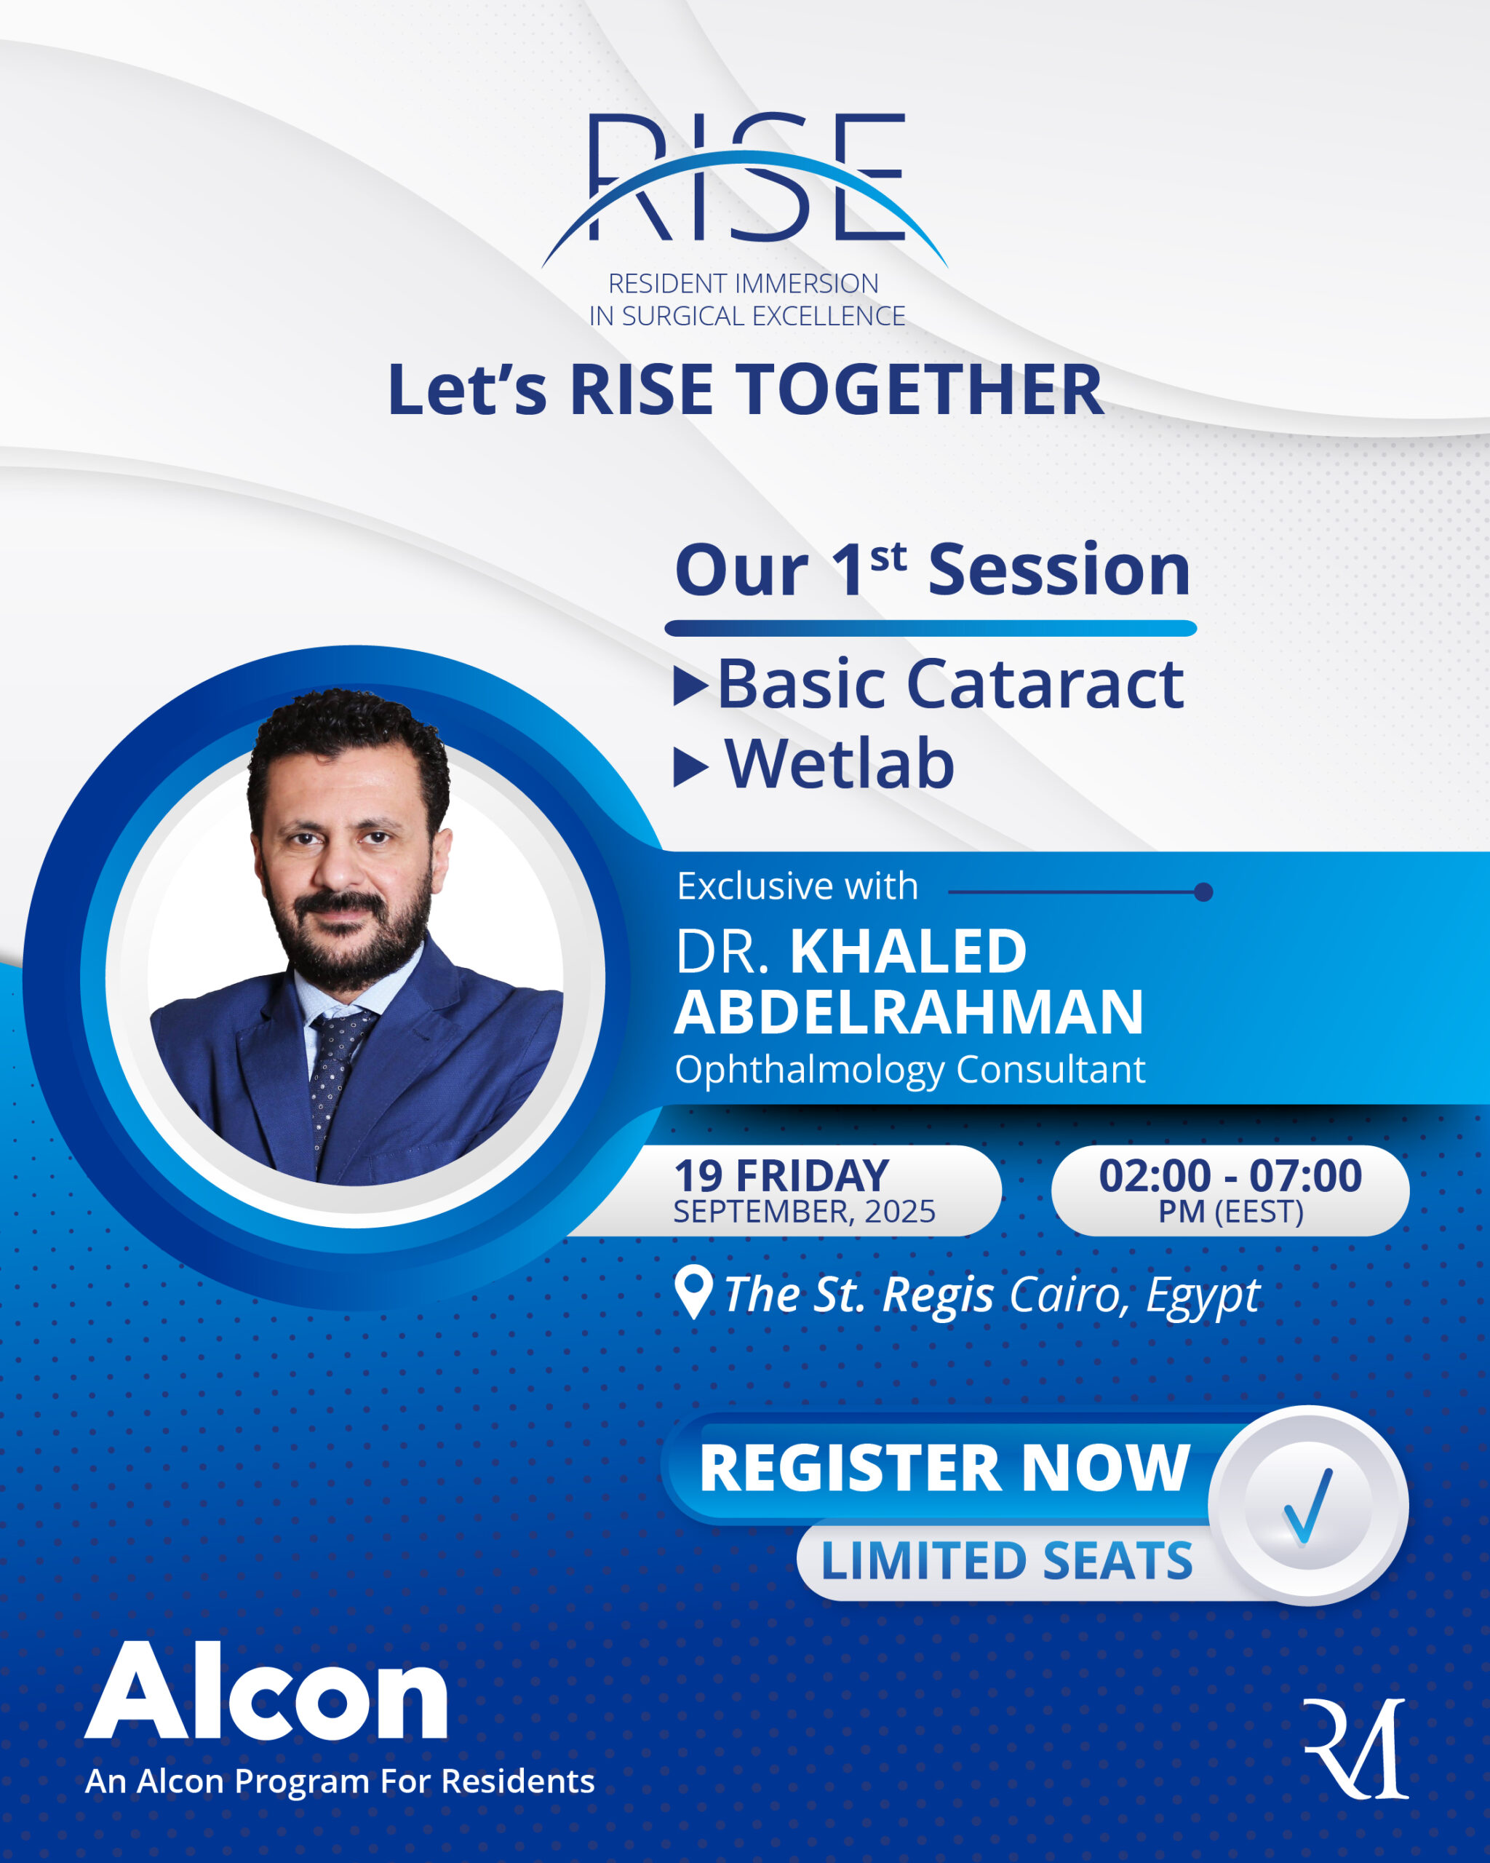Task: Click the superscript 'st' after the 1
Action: pos(888,557)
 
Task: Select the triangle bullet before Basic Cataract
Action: pos(690,687)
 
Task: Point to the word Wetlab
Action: pos(839,765)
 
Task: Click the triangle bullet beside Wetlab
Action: pos(690,767)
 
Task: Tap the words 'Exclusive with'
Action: pos(797,886)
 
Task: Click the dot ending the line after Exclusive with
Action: pos(1203,891)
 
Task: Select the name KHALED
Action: pos(908,951)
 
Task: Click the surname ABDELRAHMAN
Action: pos(909,1012)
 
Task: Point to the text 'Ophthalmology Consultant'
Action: pos(909,1070)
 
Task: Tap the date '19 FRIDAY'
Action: pos(781,1176)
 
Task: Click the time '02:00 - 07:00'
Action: pos(1230,1176)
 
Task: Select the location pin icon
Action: pos(693,1292)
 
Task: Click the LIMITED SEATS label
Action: pos(1006,1560)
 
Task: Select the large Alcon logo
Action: pos(266,1692)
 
